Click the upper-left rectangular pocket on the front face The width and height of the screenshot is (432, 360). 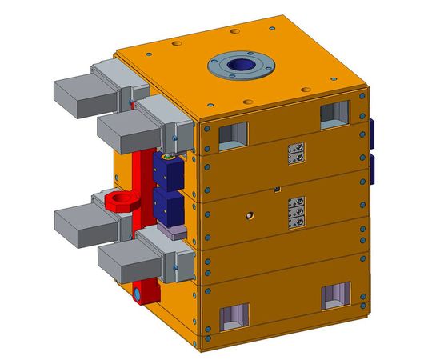233,136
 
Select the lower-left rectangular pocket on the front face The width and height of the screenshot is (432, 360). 235,318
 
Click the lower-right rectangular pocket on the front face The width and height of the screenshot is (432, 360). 335,297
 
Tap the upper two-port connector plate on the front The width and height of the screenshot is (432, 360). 296,154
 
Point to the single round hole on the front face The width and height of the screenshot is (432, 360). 250,215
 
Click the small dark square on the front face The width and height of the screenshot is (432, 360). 276,190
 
